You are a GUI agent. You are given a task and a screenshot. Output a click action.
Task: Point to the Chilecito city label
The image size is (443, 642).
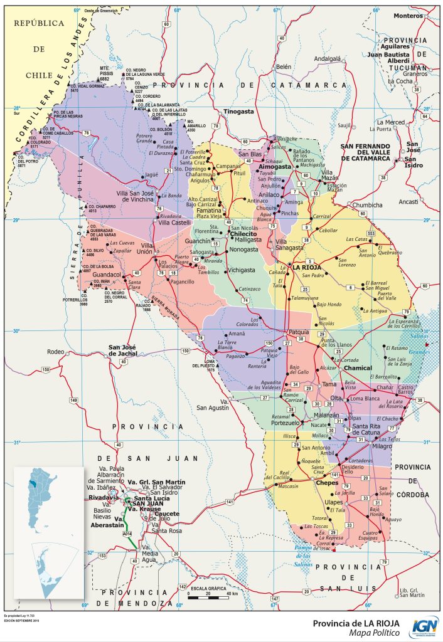247,233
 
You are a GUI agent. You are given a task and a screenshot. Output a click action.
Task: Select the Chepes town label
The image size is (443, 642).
327,483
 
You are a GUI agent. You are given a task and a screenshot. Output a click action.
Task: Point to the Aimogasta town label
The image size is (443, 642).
275,167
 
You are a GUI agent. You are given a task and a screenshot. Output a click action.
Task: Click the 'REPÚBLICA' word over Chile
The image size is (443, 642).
40,23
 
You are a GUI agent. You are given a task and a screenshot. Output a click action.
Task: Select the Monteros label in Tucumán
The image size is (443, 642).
408,16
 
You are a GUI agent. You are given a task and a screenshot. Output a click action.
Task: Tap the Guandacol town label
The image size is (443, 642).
106,275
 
